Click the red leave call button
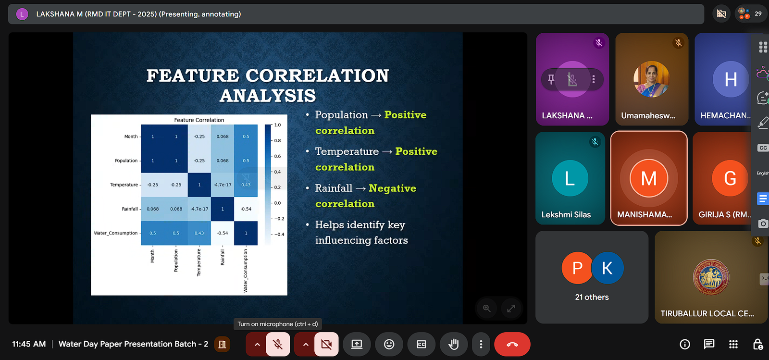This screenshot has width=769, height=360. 512,344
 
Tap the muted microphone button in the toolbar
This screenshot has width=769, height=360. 278,344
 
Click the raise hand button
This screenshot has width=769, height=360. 454,344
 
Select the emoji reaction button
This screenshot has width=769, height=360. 389,344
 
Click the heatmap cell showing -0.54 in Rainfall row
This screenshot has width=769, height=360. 246,209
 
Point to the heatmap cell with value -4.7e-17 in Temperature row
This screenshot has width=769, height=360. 223,185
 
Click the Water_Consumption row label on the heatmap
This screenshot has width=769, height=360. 116,233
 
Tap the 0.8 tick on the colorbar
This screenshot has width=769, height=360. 277,140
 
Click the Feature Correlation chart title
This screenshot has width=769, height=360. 199,120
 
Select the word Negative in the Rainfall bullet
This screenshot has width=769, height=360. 392,188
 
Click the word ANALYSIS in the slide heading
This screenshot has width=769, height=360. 267,95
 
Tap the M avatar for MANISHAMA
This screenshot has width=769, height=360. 648,178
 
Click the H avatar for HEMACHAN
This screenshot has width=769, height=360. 731,79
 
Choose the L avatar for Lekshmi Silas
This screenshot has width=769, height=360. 570,178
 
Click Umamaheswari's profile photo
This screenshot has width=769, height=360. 651,79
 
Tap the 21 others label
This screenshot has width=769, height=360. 592,297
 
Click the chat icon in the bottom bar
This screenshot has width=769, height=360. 708,344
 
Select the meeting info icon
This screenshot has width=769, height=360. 684,344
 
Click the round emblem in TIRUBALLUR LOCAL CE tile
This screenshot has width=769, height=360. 711,277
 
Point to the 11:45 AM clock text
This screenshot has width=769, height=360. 29,344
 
